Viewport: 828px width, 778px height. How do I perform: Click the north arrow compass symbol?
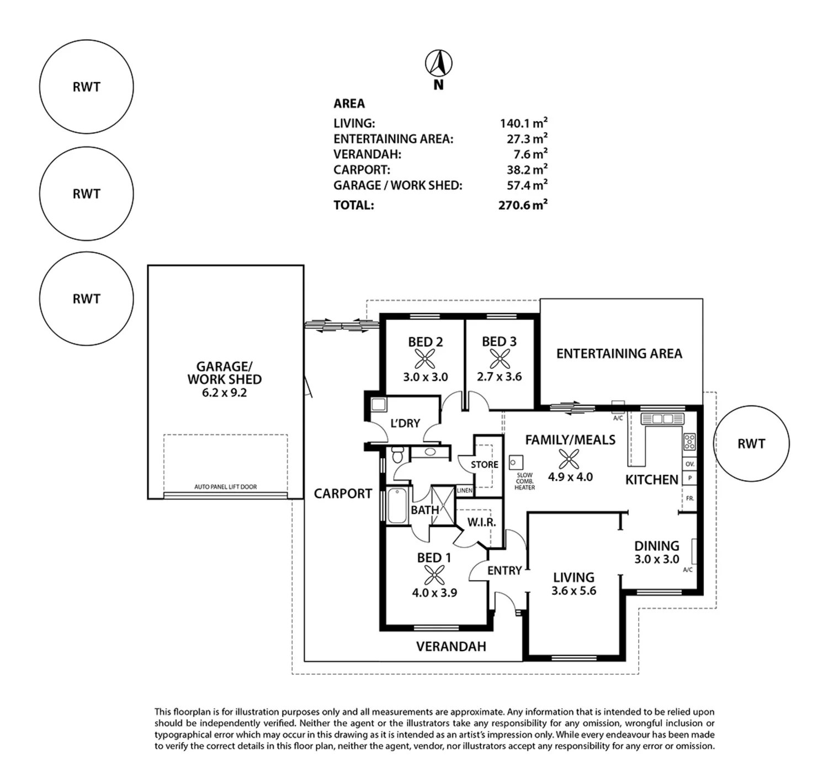pos(438,64)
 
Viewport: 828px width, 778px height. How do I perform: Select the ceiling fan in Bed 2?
pos(425,359)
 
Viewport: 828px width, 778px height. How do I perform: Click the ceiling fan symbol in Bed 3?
pos(500,358)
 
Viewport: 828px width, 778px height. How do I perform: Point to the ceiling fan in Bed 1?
pos(434,575)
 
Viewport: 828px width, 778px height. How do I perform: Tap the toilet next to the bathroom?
pos(398,454)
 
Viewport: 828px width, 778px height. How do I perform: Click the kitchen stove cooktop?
pos(689,442)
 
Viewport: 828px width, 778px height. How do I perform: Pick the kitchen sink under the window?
pos(663,418)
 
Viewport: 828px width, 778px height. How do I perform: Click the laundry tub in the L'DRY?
pos(379,404)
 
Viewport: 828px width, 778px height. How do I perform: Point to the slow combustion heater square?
pos(516,462)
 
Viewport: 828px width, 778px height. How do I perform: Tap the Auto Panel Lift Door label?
pos(226,486)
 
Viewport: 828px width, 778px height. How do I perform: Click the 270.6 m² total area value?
pos(523,205)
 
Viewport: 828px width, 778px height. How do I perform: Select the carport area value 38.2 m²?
pos(527,169)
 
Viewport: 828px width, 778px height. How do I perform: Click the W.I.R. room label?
pos(481,522)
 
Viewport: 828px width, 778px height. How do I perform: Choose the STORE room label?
pos(485,464)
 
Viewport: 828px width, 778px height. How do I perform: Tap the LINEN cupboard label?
pos(464,491)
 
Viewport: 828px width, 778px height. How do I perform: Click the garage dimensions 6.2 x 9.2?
pos(224,393)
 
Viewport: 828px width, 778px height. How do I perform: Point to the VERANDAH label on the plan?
pos(451,646)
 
